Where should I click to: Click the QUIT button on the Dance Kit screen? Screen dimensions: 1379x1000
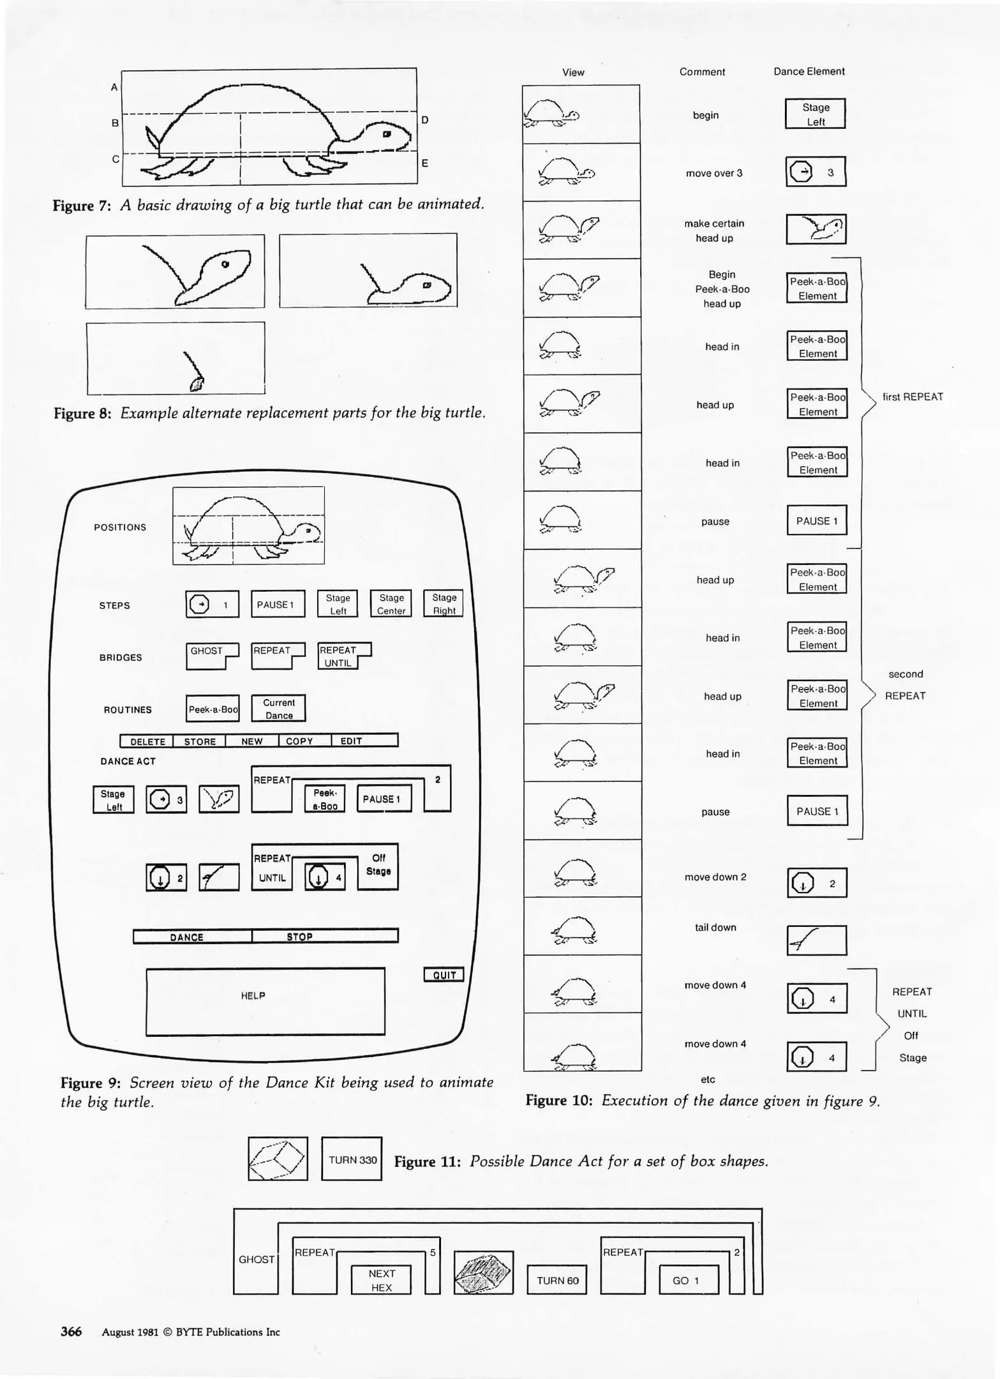tap(444, 975)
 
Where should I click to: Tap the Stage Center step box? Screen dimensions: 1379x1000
tap(391, 604)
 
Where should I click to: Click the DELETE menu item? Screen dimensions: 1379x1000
tap(147, 741)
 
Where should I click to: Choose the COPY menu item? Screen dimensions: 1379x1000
tap(299, 741)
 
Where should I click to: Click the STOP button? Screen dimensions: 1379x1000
tap(299, 937)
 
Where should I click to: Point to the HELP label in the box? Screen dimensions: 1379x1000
tap(253, 996)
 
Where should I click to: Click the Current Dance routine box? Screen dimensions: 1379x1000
tap(279, 709)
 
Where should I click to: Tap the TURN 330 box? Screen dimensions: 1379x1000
tap(352, 1159)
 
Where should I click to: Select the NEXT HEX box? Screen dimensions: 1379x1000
tap(382, 1280)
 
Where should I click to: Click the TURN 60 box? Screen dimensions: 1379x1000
tap(557, 1280)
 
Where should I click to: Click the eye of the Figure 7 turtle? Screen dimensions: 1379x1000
tap(387, 135)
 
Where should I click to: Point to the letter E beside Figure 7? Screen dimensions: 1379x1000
tap(424, 163)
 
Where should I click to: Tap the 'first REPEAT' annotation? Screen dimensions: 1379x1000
tap(913, 397)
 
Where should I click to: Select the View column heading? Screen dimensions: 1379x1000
tap(573, 73)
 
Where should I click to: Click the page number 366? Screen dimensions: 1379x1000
tap(71, 1331)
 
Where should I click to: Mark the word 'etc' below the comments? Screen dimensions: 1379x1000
tap(708, 1080)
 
